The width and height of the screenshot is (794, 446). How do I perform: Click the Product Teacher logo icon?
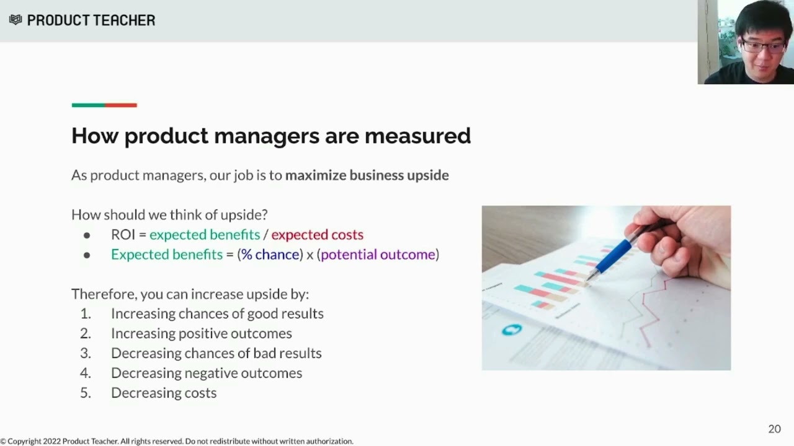[16, 20]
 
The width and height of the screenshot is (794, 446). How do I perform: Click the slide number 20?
[774, 429]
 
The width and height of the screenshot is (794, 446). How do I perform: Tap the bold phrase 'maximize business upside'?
[367, 175]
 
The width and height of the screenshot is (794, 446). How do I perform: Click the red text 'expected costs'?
[317, 235]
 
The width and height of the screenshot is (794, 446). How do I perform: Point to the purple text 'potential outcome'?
[378, 255]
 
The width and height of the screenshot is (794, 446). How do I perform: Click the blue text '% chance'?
[270, 255]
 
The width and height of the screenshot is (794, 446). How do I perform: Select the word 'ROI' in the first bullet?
[123, 235]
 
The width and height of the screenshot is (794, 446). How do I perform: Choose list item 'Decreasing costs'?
[164, 393]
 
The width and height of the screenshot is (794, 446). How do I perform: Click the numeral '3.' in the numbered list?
[86, 353]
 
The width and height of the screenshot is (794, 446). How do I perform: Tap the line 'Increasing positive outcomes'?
[201, 333]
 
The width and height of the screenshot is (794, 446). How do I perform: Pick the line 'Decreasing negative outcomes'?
[207, 373]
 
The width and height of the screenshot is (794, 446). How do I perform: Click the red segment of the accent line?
[121, 105]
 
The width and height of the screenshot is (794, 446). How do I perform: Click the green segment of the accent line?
[88, 105]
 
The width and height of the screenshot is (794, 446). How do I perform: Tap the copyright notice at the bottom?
[177, 441]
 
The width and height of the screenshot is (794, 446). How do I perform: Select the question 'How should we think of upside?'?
[169, 215]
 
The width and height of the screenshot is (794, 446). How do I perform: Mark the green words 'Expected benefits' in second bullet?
[166, 255]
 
